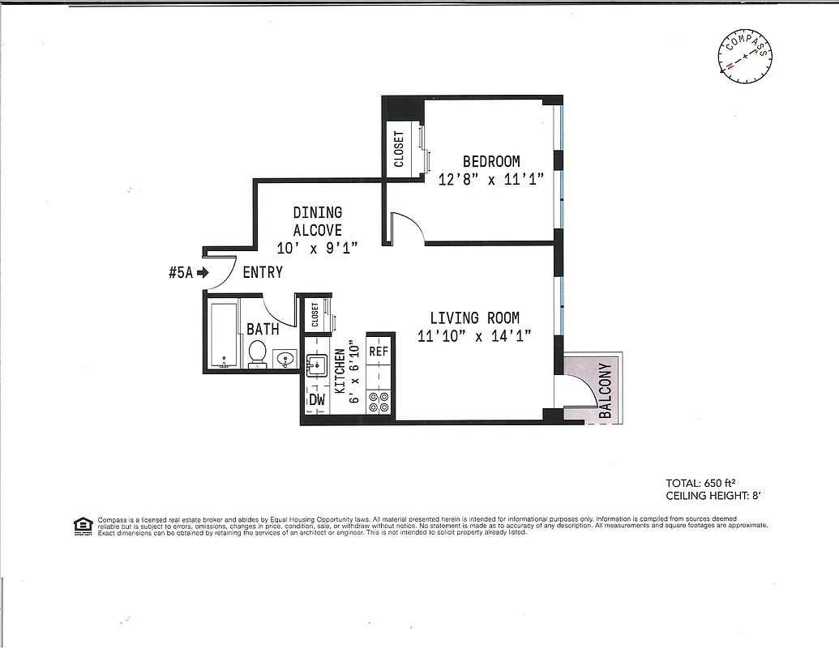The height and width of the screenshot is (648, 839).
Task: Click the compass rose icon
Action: [x=744, y=58]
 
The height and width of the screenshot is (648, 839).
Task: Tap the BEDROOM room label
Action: [x=491, y=161]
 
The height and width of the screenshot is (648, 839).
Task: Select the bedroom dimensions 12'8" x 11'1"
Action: [x=491, y=180]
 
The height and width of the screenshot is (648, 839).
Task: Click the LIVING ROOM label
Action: [x=474, y=318]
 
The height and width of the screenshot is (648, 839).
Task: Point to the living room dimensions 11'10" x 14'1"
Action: [x=474, y=337]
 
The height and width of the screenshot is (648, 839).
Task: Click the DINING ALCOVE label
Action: [x=317, y=221]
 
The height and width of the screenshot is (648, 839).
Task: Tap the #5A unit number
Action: [x=180, y=273]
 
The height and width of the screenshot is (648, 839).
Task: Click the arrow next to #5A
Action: [x=202, y=273]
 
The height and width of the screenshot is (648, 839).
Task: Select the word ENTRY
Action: [x=263, y=273]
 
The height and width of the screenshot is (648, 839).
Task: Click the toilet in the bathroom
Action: [x=257, y=353]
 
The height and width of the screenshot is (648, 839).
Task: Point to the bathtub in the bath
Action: [x=222, y=335]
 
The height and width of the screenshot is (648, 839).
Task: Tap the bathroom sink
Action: [x=284, y=357]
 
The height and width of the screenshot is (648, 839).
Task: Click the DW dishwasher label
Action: [x=316, y=400]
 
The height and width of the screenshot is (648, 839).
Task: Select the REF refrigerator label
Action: [x=379, y=352]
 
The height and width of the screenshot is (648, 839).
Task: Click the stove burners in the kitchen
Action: [x=379, y=402]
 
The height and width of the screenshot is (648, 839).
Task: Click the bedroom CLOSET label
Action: [x=399, y=149]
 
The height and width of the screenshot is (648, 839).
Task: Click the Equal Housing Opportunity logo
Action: [x=83, y=526]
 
